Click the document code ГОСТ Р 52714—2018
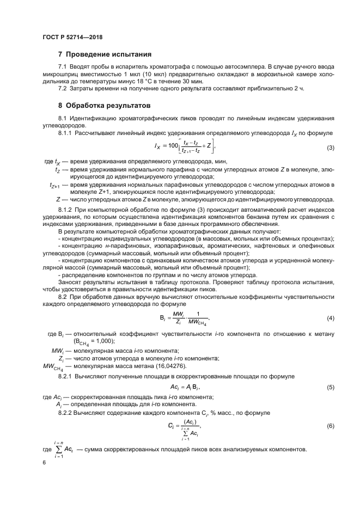[72, 37]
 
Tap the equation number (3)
[330, 148]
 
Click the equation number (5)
[330, 387]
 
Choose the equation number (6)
[330, 426]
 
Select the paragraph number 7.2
[63, 88]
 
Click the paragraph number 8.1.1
[67, 133]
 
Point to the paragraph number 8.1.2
[67, 210]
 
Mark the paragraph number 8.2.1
[67, 376]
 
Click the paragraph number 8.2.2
[67, 413]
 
